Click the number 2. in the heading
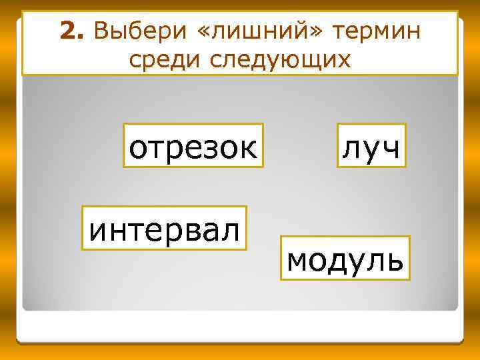[73, 30]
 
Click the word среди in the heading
[166, 60]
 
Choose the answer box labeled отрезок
[193, 146]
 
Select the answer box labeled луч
[371, 146]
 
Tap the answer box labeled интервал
[164, 228]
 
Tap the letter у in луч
[371, 149]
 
